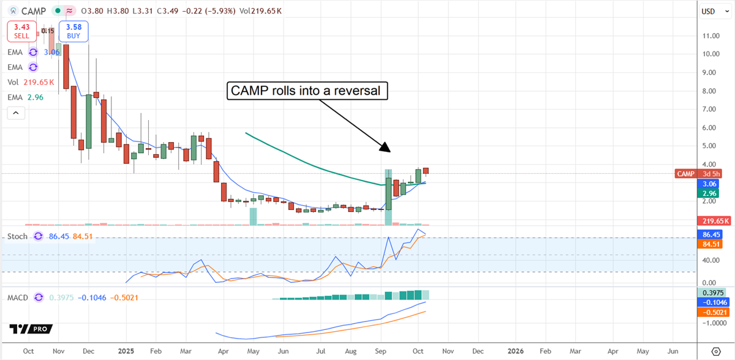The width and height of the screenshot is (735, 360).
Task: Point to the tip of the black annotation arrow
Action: tap(389, 151)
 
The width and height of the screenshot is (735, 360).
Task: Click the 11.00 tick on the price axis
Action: tap(709, 36)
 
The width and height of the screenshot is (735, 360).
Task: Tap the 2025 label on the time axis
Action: tap(125, 351)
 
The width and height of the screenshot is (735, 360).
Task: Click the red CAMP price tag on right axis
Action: tap(685, 174)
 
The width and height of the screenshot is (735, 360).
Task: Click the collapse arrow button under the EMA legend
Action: tap(16, 113)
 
